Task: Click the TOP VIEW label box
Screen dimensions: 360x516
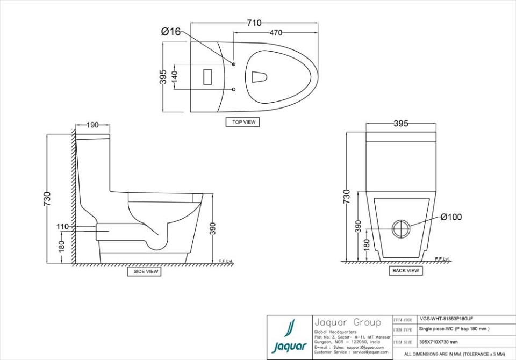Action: coord(243,122)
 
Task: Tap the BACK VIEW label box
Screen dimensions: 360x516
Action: coord(405,271)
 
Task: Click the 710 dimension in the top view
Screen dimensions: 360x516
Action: coord(254,23)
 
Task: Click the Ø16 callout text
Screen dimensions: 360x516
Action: coord(171,32)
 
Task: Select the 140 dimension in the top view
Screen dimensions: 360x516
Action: coord(174,76)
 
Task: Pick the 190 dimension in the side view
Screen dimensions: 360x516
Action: coord(92,125)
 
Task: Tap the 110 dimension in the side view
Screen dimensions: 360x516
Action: coord(62,227)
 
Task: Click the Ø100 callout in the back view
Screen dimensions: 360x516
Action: coord(451,217)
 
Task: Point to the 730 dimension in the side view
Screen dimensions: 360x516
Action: coord(47,199)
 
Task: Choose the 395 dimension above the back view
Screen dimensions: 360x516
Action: coord(400,124)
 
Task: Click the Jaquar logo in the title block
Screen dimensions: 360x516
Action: coord(289,337)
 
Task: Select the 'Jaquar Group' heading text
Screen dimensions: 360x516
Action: coord(347,323)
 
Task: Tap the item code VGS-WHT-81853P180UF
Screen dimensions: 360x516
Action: coord(446,319)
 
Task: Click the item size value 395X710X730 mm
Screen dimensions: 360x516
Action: coord(438,342)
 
